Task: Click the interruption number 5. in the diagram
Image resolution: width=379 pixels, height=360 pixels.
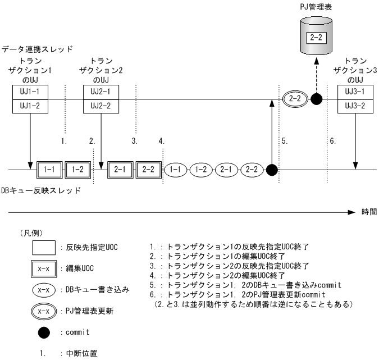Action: point(285,141)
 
